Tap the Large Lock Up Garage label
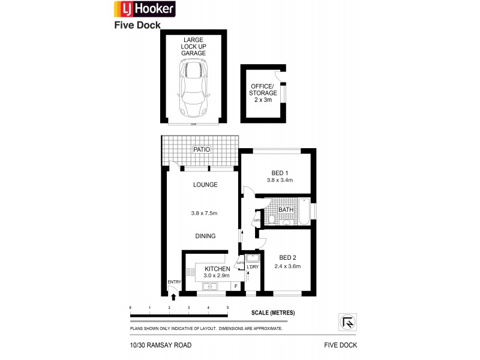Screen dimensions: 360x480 tap(193, 46)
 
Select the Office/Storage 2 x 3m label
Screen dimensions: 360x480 tap(264, 93)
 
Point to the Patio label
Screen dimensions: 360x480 tap(200, 149)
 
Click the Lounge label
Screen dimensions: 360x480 tap(205, 185)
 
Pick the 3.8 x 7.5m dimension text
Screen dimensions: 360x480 tap(203, 213)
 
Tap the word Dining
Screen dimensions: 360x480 tap(205, 236)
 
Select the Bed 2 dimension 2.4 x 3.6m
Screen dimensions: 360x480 tap(287, 266)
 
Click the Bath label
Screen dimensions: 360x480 tap(294, 210)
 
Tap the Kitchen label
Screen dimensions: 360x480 tap(217, 268)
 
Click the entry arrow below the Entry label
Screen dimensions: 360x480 tap(174, 295)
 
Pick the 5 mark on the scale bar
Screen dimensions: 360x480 tap(227, 307)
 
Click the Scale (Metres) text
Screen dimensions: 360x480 tap(273, 313)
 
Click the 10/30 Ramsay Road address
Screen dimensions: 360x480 tap(160, 345)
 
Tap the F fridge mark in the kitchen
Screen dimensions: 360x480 tap(236, 286)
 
